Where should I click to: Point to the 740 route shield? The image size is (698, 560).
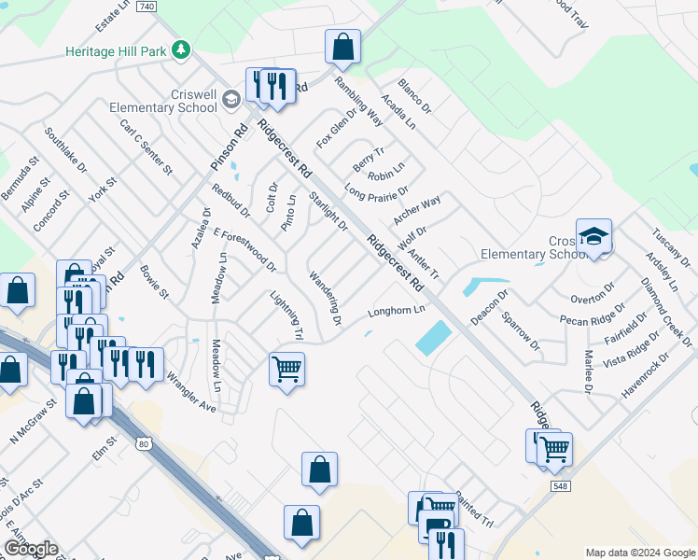click(145, 6)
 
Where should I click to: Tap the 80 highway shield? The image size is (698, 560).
click(141, 443)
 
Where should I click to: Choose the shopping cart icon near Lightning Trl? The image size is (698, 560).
click(286, 369)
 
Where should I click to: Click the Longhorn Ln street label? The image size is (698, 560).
click(397, 310)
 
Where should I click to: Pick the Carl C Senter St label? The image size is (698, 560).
click(147, 147)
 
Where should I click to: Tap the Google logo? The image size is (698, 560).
click(31, 549)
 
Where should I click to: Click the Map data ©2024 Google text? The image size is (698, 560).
click(640, 553)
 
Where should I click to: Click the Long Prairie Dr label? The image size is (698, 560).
click(376, 192)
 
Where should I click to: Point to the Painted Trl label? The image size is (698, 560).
click(474, 521)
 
